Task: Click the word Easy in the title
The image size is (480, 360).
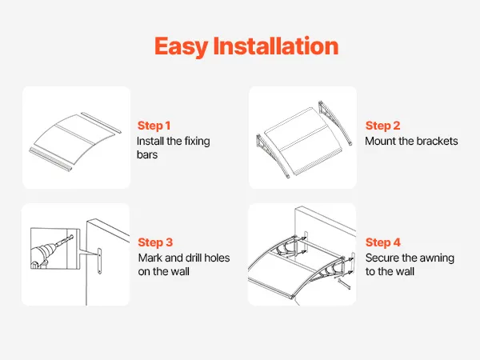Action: (x=181, y=46)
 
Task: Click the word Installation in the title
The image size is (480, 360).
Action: (x=276, y=46)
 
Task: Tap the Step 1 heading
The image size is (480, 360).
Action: (x=154, y=126)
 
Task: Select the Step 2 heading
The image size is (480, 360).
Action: (x=382, y=126)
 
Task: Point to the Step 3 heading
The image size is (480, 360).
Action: (x=155, y=242)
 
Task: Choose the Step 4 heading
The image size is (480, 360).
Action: (x=383, y=242)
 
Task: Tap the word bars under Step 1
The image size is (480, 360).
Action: (x=147, y=154)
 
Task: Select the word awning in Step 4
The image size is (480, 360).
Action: (x=437, y=258)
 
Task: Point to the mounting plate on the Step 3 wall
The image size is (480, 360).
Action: (x=99, y=261)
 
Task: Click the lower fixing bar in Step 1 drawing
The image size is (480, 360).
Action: (x=51, y=159)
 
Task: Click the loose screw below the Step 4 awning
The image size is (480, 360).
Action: (x=344, y=284)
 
